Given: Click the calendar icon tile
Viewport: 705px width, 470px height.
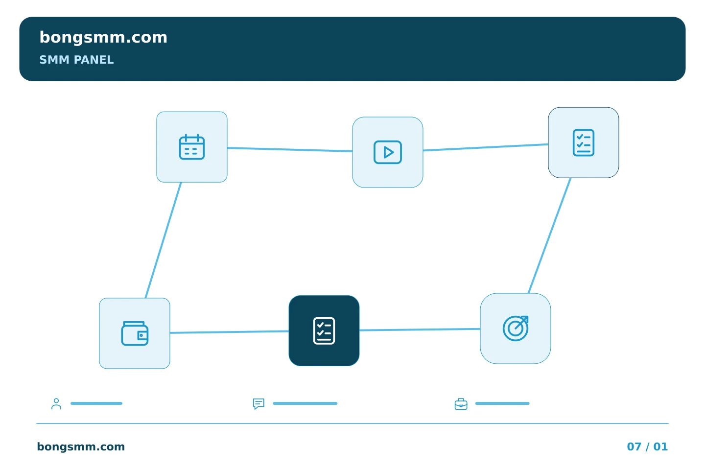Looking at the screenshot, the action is pos(192,147).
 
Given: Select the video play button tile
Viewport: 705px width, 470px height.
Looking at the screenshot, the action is pos(388,152).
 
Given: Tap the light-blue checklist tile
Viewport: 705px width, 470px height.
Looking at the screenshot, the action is pos(584,142).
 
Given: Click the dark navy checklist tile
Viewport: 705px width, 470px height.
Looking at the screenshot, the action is pos(324,331).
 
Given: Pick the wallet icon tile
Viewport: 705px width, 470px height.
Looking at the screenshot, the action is pos(135,333).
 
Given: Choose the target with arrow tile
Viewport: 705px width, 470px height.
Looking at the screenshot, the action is pos(516,329).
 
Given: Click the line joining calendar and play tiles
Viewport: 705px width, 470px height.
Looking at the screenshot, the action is pos(290,149).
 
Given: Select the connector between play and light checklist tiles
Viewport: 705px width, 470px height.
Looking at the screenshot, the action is pos(486,147).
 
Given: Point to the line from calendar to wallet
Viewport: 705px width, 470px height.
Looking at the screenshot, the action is pos(163,240).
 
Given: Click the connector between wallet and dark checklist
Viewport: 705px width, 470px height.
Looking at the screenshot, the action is pos(230,332).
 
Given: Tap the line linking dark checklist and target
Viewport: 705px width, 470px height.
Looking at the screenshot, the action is pos(420,329).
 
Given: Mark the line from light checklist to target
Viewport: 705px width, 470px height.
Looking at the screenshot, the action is pos(549,235).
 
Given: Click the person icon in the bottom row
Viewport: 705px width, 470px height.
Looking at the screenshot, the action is pos(56,403).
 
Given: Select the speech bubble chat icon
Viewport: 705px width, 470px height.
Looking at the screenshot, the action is pos(258,403).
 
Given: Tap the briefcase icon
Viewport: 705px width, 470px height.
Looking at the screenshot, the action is pos(461,404).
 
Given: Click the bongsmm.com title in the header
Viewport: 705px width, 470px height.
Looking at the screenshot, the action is pos(103,38).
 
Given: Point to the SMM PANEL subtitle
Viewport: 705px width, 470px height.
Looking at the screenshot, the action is pos(76,60).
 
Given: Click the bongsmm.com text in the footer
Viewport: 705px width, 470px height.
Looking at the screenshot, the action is pos(81,446).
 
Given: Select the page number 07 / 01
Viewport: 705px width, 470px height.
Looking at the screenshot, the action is pos(647,446).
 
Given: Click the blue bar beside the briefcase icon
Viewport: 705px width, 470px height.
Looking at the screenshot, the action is pos(502,403).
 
